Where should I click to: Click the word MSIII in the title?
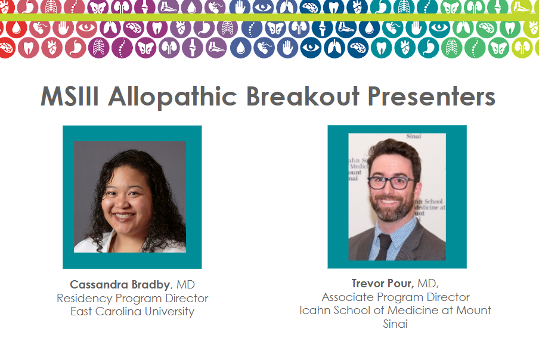pos(70,96)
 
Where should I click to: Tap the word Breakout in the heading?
pos(303,96)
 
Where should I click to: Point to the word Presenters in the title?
pos(432,96)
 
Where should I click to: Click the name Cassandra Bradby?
pos(120,284)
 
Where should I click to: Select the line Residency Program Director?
pos(132,298)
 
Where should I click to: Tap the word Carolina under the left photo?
pos(118,311)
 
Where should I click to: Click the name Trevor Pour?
pos(382,283)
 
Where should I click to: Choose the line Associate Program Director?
pos(396,297)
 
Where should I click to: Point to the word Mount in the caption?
pos(473,310)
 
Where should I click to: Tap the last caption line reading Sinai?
pos(395,324)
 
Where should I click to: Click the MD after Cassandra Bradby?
pos(185,284)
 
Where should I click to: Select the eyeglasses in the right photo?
pos(391,182)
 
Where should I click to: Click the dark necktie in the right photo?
pos(383,246)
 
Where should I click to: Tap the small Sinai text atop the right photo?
pos(414,136)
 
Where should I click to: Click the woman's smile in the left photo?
pos(124,216)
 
